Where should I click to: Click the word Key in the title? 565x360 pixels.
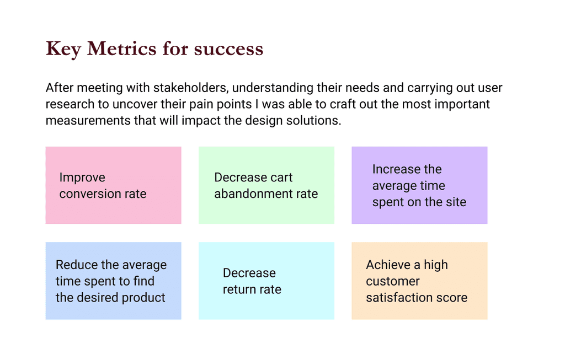[63, 49]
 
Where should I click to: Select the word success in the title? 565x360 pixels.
[228, 50]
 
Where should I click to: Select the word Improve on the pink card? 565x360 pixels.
[82, 178]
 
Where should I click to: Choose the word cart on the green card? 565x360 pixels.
[282, 178]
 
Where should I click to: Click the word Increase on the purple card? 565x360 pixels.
[393, 169]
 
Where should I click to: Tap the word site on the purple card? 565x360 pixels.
[456, 202]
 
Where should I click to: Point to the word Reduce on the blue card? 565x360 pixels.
[76, 265]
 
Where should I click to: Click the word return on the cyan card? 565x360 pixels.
[237, 289]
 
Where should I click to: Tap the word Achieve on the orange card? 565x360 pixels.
[388, 265]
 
